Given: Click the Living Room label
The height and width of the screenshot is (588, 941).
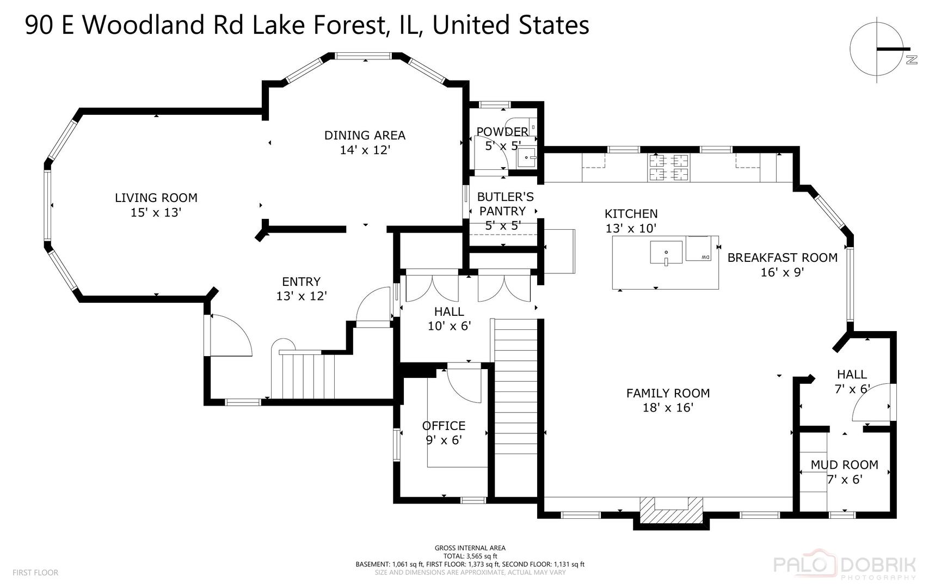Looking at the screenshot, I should point(156,198).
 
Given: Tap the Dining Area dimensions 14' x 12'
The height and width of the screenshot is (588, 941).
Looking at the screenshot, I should point(365,150).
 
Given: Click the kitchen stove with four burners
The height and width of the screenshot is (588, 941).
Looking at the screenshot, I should point(668,167).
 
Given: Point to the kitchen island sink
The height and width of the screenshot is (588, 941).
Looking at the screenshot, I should point(666,252).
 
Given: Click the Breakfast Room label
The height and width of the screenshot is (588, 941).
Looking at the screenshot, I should point(782,258).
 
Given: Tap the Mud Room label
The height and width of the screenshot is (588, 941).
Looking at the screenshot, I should point(844,464).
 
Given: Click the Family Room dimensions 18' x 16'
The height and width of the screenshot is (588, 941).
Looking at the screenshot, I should point(668,407).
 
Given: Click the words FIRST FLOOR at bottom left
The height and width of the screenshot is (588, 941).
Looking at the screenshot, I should point(35,572).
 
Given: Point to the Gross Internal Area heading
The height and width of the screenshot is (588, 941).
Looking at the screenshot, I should point(470,548).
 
